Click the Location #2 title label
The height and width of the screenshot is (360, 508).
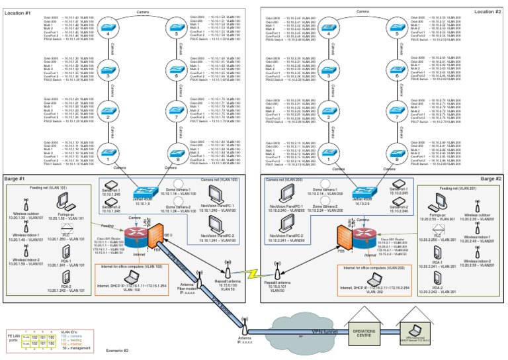(x=487, y=11)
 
